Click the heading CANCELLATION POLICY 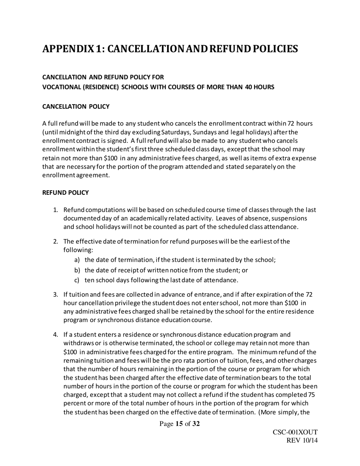coord(76,106)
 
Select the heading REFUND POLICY coord(65,192)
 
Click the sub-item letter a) coord(77,260)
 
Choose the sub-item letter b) coord(77,270)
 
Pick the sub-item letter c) coord(77,280)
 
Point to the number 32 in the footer coord(196,424)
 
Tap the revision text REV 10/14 coord(302,441)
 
